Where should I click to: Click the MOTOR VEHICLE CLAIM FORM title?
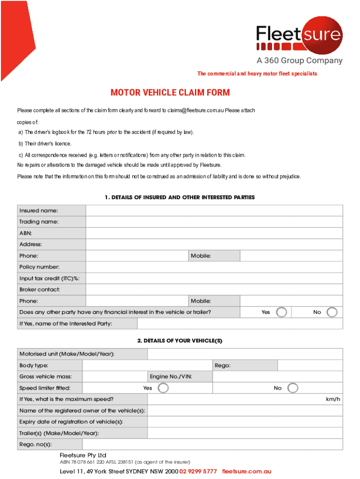(170, 93)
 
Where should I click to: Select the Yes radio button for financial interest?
(281, 312)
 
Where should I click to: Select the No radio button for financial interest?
(331, 312)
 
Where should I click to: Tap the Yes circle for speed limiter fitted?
(163, 388)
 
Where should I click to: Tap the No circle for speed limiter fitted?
(293, 388)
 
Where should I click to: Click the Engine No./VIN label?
(171, 377)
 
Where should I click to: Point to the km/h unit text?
(333, 399)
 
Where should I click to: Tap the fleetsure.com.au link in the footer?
(246, 471)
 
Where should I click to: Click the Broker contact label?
(40, 290)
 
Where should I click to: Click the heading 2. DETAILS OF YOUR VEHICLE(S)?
(180, 341)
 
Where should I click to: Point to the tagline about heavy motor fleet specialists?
(257, 74)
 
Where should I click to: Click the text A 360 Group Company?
(299, 61)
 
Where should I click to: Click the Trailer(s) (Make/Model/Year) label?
(59, 433)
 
